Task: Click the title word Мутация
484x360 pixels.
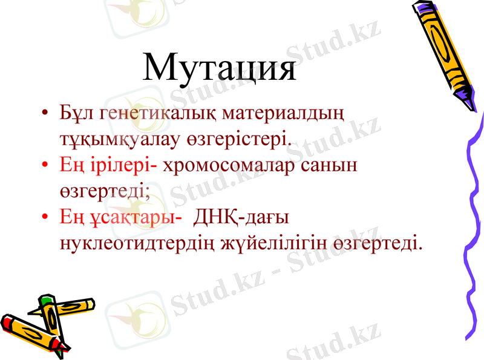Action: [220, 68]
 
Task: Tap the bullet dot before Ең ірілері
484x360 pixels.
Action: [45, 165]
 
